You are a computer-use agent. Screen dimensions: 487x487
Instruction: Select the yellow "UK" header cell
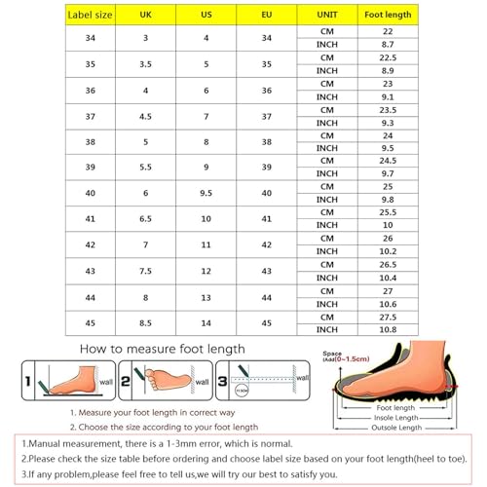click(x=146, y=16)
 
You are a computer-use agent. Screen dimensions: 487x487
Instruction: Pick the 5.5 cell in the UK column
click(x=146, y=167)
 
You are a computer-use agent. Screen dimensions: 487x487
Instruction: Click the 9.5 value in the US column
click(x=206, y=193)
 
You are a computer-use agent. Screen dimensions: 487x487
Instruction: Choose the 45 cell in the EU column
click(x=266, y=323)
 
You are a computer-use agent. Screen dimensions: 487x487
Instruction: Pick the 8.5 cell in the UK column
click(x=146, y=323)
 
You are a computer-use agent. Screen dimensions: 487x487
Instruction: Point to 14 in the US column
click(x=206, y=323)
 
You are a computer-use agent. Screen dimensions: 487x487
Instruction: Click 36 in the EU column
click(x=266, y=89)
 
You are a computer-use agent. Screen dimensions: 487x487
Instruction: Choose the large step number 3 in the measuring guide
click(x=222, y=378)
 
